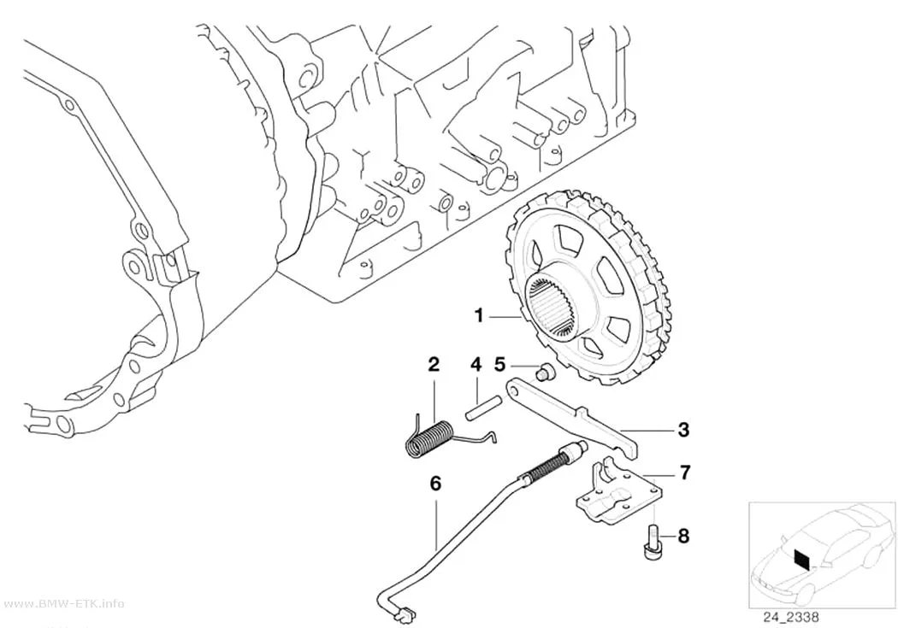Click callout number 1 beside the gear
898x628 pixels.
[x=479, y=315]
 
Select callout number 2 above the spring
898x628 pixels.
[x=434, y=364]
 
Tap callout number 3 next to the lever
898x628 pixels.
[x=683, y=430]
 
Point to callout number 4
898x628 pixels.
[x=476, y=364]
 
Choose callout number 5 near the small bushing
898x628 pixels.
[x=499, y=364]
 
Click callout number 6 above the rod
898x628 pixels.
[x=435, y=484]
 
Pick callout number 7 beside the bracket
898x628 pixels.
[x=684, y=472]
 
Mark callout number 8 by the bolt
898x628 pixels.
[x=683, y=536]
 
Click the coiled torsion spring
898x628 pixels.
[x=431, y=438]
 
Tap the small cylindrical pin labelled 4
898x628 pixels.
[x=484, y=412]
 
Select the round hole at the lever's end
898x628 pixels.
[x=516, y=389]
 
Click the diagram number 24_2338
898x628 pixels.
[x=790, y=617]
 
